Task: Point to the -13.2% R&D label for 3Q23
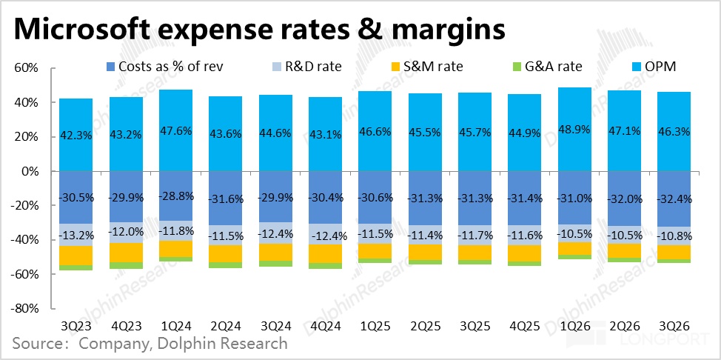click(x=76, y=236)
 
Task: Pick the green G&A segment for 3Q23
click(x=76, y=267)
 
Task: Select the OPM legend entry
click(x=651, y=67)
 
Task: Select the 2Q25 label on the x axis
click(x=425, y=326)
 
